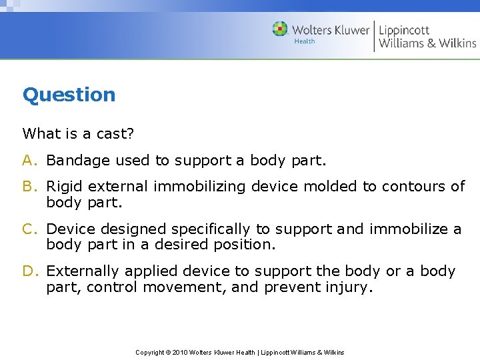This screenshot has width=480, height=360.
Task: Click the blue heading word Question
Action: [69, 95]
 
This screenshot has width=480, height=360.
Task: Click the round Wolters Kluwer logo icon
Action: [280, 29]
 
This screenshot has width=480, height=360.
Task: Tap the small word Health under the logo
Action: [304, 41]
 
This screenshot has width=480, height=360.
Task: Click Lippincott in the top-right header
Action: [404, 30]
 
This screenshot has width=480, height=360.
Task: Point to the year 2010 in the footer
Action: [181, 352]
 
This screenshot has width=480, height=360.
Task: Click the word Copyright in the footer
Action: [150, 352]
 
